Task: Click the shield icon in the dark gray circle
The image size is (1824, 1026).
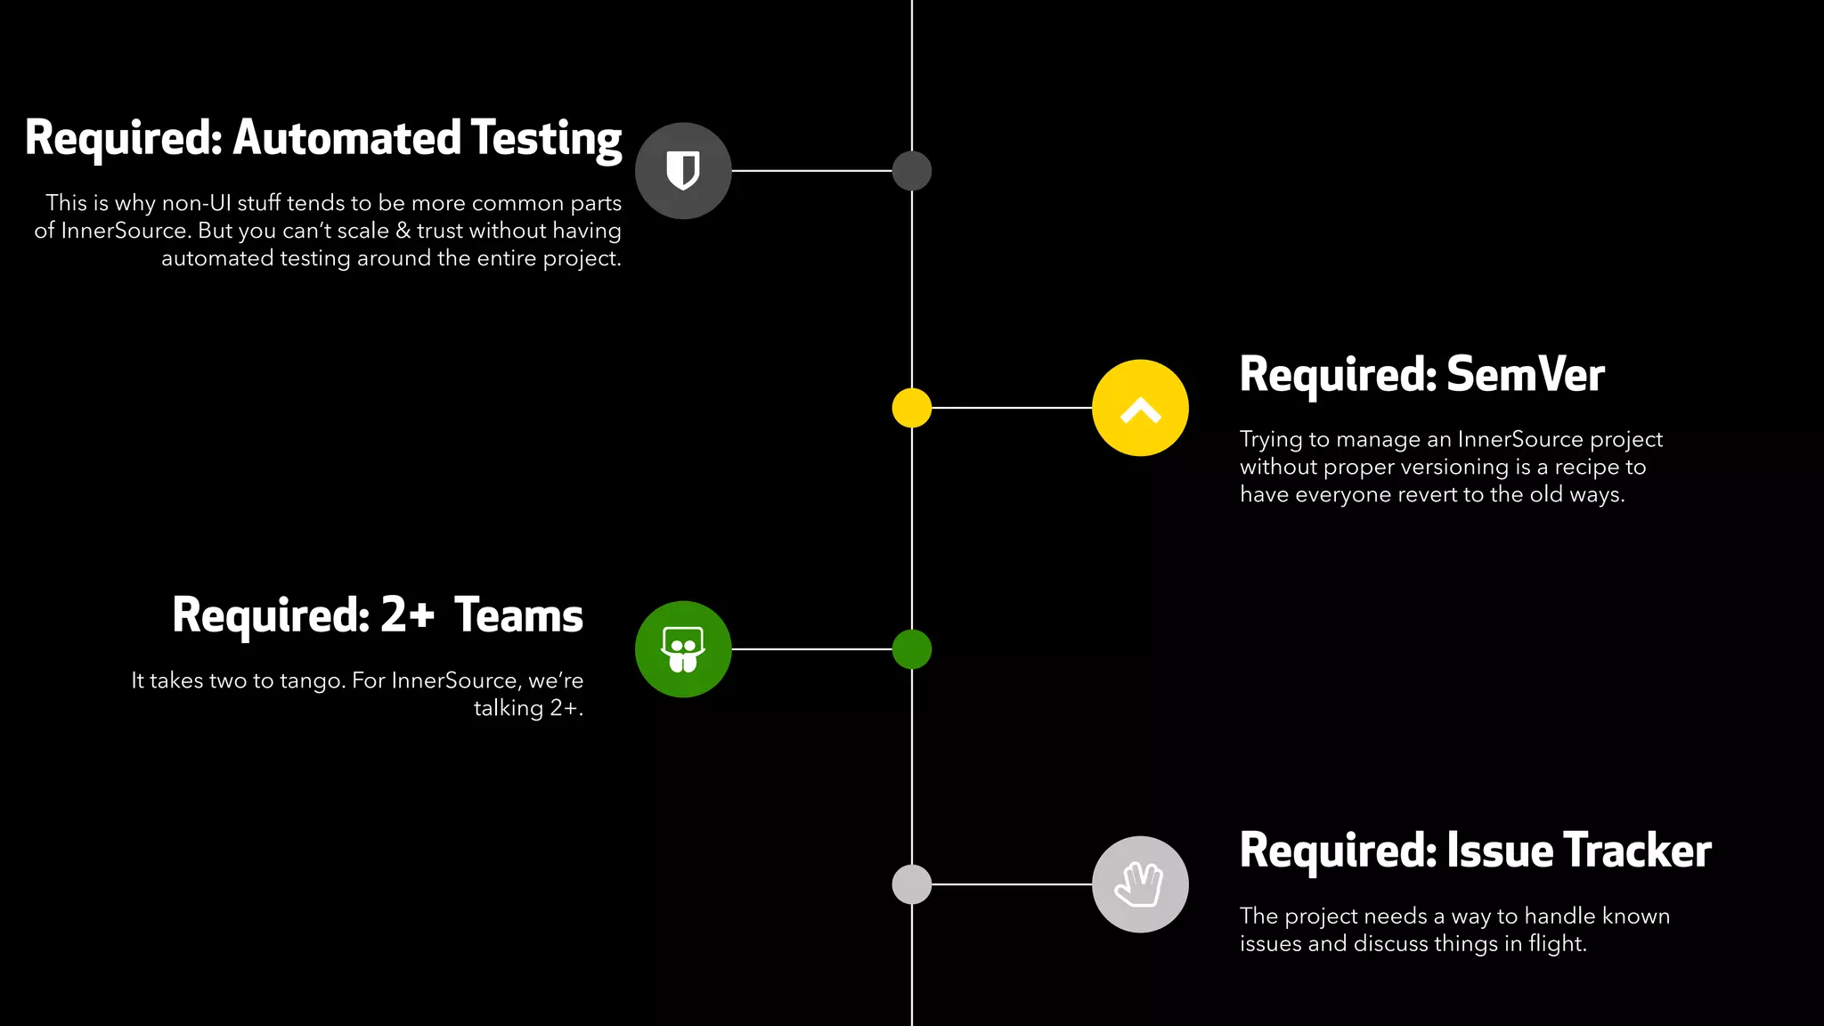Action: [x=683, y=170]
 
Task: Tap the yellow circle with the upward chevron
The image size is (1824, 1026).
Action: [x=1140, y=408]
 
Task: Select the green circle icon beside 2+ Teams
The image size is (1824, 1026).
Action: [x=683, y=649]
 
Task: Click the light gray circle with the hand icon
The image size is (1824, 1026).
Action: [x=1140, y=884]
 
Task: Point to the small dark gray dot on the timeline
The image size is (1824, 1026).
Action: [x=911, y=170]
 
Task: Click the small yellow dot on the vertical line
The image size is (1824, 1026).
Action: [x=911, y=408]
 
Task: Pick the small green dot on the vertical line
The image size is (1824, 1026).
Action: [x=911, y=649]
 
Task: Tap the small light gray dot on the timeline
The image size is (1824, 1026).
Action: [x=911, y=884]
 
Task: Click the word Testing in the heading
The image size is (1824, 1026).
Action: [x=546, y=140]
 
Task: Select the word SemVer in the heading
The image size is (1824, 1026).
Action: [x=1525, y=374]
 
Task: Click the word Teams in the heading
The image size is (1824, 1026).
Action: [x=518, y=615]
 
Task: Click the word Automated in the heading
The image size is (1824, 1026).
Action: [x=347, y=138]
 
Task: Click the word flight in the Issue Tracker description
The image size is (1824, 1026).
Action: [x=1556, y=944]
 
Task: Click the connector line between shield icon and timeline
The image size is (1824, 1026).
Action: [x=810, y=170]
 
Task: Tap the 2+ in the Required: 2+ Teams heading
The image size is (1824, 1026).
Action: [x=408, y=615]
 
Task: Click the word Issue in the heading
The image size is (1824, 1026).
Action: [x=1499, y=851]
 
